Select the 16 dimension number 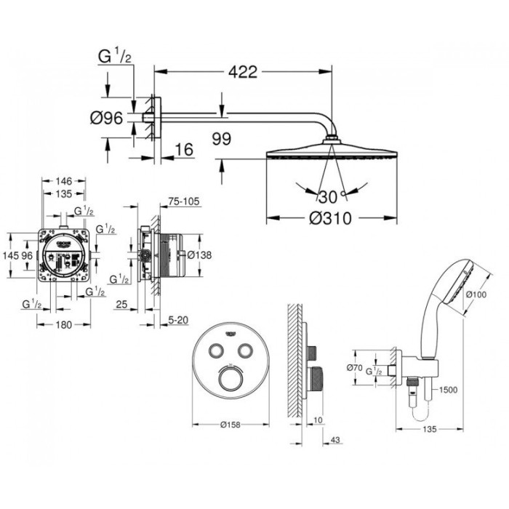[x=184, y=151]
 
